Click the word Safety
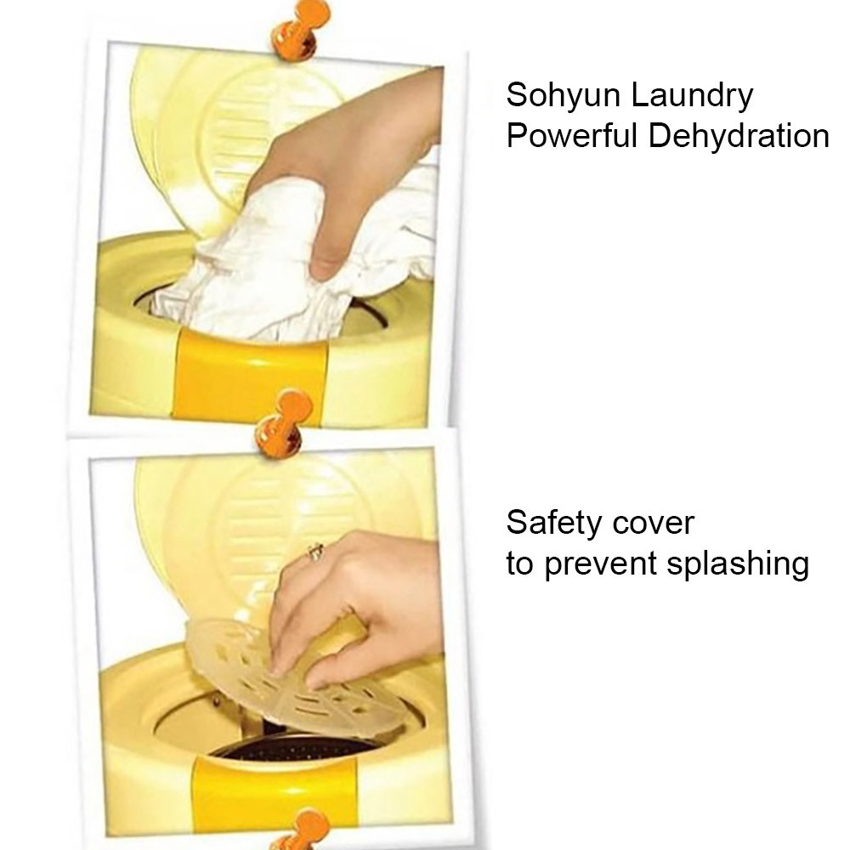tap(553, 524)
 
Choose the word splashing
tap(737, 565)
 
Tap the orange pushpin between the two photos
tap(283, 422)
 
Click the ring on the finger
tap(315, 552)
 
